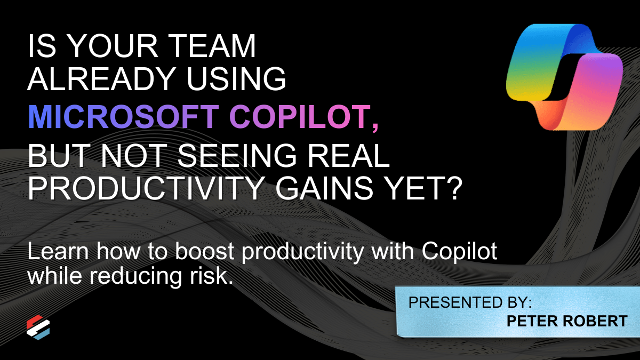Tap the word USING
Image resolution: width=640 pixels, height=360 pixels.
(x=236, y=79)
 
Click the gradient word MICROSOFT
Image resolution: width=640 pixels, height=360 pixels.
(x=123, y=117)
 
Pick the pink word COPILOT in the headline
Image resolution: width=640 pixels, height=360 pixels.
(x=300, y=117)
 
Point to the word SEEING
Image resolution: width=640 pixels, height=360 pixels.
(x=237, y=156)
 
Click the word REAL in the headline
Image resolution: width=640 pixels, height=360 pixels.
(x=349, y=156)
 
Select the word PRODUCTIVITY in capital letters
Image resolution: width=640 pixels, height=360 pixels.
(x=146, y=188)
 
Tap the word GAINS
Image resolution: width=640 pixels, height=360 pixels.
(x=324, y=188)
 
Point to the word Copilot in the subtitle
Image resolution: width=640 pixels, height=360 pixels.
(x=459, y=252)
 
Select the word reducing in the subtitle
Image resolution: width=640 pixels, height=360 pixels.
(x=135, y=276)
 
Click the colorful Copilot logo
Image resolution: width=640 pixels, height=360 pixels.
(x=564, y=77)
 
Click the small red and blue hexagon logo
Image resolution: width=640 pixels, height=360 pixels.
(x=38, y=327)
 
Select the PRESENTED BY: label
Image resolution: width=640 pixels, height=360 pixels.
(x=470, y=302)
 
